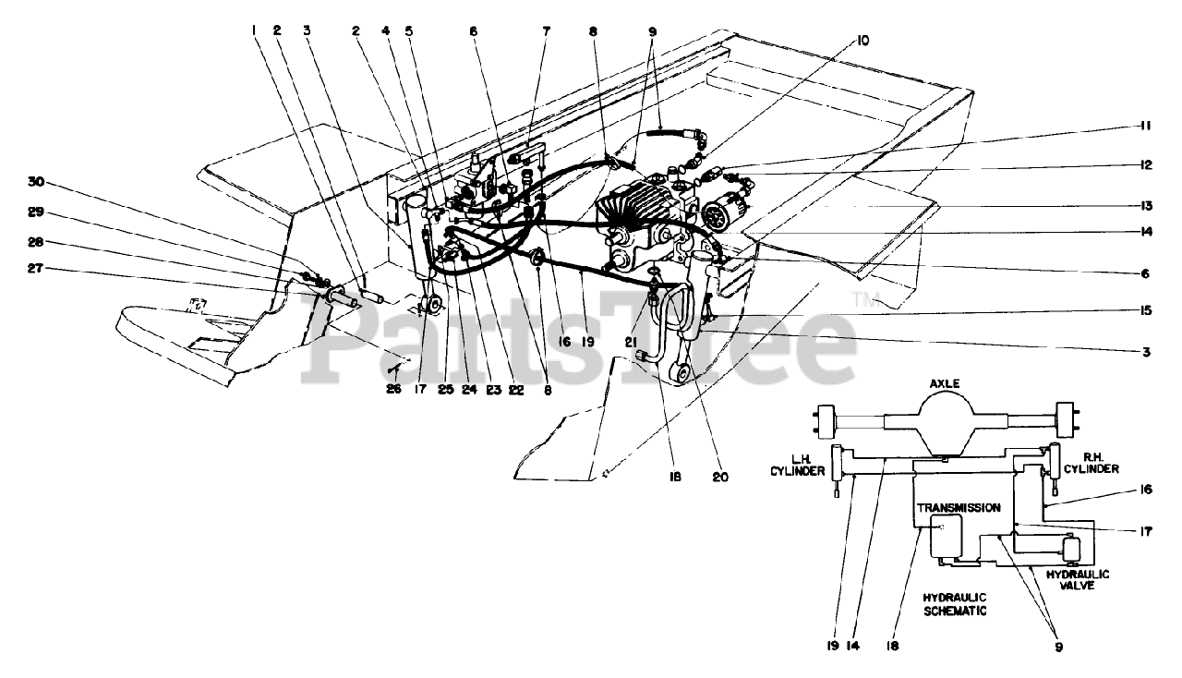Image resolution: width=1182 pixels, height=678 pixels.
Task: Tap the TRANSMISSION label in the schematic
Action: pos(958,507)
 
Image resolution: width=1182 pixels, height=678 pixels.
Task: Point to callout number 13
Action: pos(1144,204)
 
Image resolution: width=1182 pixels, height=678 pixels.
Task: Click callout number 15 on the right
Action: pos(1144,312)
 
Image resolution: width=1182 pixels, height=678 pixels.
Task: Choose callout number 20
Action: pos(720,478)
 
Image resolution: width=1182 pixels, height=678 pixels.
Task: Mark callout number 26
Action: pos(394,389)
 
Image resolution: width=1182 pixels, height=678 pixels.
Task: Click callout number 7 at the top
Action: pos(546,30)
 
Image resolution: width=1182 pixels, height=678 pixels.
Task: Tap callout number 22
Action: pos(515,389)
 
